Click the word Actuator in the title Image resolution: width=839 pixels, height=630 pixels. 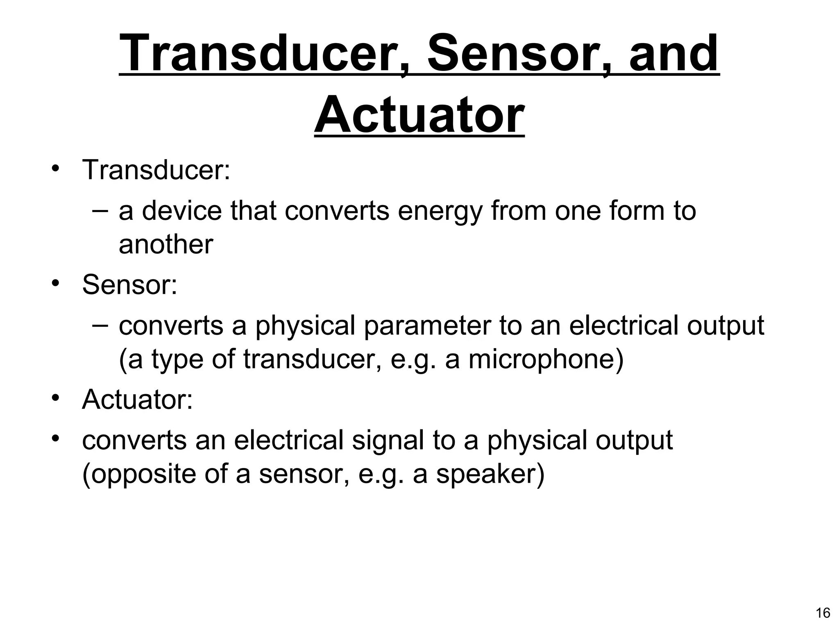[x=419, y=114]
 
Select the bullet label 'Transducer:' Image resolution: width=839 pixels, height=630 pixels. [x=156, y=170]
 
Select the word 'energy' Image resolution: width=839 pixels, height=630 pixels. [x=440, y=211]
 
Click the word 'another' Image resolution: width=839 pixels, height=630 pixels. [x=166, y=244]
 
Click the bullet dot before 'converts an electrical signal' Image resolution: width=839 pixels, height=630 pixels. [x=56, y=439]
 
